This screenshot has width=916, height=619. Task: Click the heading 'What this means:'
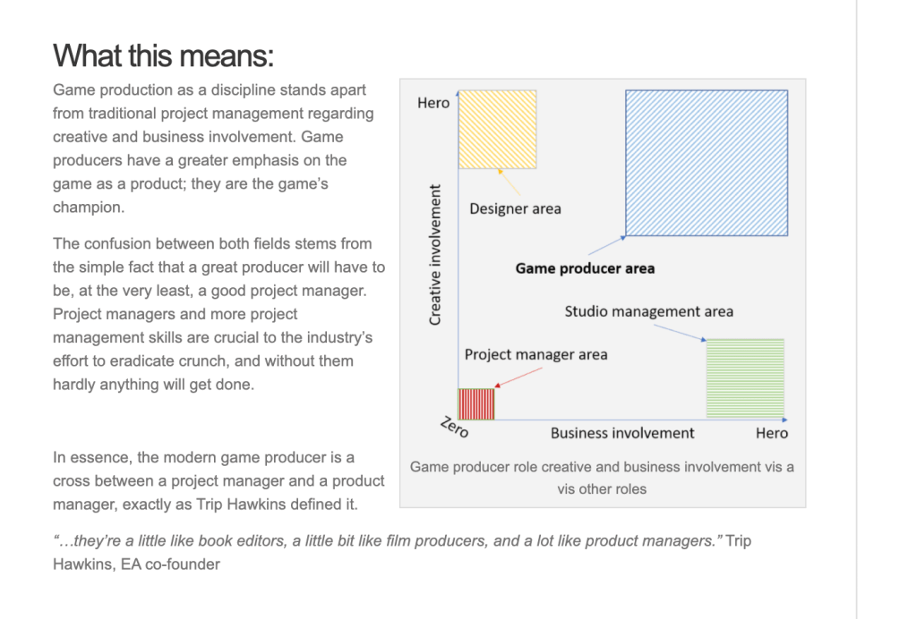point(163,55)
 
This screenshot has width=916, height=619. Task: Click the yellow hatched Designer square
point(497,130)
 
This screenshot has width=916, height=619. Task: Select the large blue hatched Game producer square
point(706,163)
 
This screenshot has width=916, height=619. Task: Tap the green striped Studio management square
point(745,377)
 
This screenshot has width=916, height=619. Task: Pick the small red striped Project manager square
point(476,403)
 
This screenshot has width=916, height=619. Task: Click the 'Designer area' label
point(515,209)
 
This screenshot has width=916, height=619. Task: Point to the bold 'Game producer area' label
point(585,267)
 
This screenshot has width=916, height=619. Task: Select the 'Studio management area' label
point(648,311)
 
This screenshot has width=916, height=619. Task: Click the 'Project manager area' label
point(535,354)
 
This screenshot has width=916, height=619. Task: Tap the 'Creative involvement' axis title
point(435,255)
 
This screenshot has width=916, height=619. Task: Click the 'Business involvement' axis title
point(622,433)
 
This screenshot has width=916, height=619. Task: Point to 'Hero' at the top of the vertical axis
point(433,103)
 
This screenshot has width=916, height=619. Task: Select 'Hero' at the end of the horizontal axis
point(772,433)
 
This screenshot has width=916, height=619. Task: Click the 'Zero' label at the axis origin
point(455,428)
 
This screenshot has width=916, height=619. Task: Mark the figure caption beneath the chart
point(602,478)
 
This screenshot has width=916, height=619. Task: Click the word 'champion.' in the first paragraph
point(88,207)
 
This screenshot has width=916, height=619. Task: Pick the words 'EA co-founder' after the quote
point(170,564)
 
